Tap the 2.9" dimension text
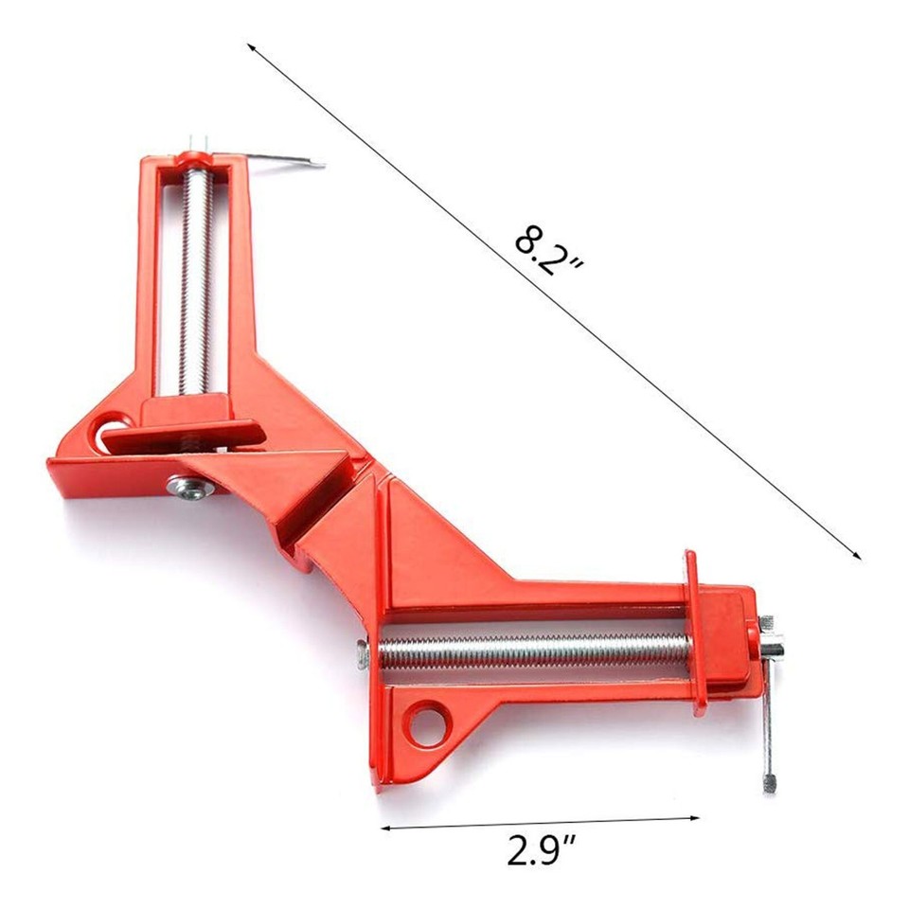(x=540, y=850)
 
